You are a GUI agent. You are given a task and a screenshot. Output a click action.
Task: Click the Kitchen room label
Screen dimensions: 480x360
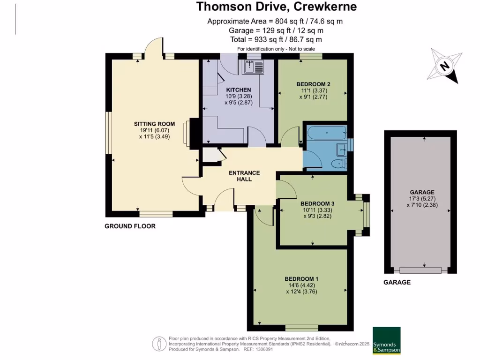pos(239,90)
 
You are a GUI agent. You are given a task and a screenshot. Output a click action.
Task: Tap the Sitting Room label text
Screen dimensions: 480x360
pos(154,124)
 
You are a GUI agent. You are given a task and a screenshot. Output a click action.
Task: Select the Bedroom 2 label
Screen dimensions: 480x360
pos(313,84)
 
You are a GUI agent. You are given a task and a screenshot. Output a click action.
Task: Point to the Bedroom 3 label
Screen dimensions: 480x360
pos(317,203)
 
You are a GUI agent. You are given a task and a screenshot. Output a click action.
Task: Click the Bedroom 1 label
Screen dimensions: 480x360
pos(301,279)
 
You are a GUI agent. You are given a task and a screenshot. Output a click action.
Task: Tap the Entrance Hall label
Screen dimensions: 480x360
pos(244,176)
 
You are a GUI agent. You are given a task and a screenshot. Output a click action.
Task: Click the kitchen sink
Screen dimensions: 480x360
pos(253,67)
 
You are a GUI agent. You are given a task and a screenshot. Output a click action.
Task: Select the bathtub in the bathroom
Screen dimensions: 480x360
pos(327,133)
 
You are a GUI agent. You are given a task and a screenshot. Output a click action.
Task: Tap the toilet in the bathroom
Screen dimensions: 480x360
pos(339,164)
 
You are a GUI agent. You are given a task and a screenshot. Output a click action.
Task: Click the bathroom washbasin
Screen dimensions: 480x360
pos(341,150)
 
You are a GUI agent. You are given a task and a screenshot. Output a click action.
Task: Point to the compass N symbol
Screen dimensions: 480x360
pos(445,66)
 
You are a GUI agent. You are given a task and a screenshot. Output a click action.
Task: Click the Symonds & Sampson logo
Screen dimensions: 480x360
pos(387,341)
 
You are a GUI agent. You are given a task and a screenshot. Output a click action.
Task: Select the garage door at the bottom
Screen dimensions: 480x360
pos(420,270)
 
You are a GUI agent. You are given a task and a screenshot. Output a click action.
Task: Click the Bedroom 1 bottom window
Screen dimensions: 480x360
pos(301,328)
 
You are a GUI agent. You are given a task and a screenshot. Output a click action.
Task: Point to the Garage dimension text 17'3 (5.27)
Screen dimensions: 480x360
pos(422,199)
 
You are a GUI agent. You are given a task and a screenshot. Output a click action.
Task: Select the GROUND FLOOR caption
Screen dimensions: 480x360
pos(130,226)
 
